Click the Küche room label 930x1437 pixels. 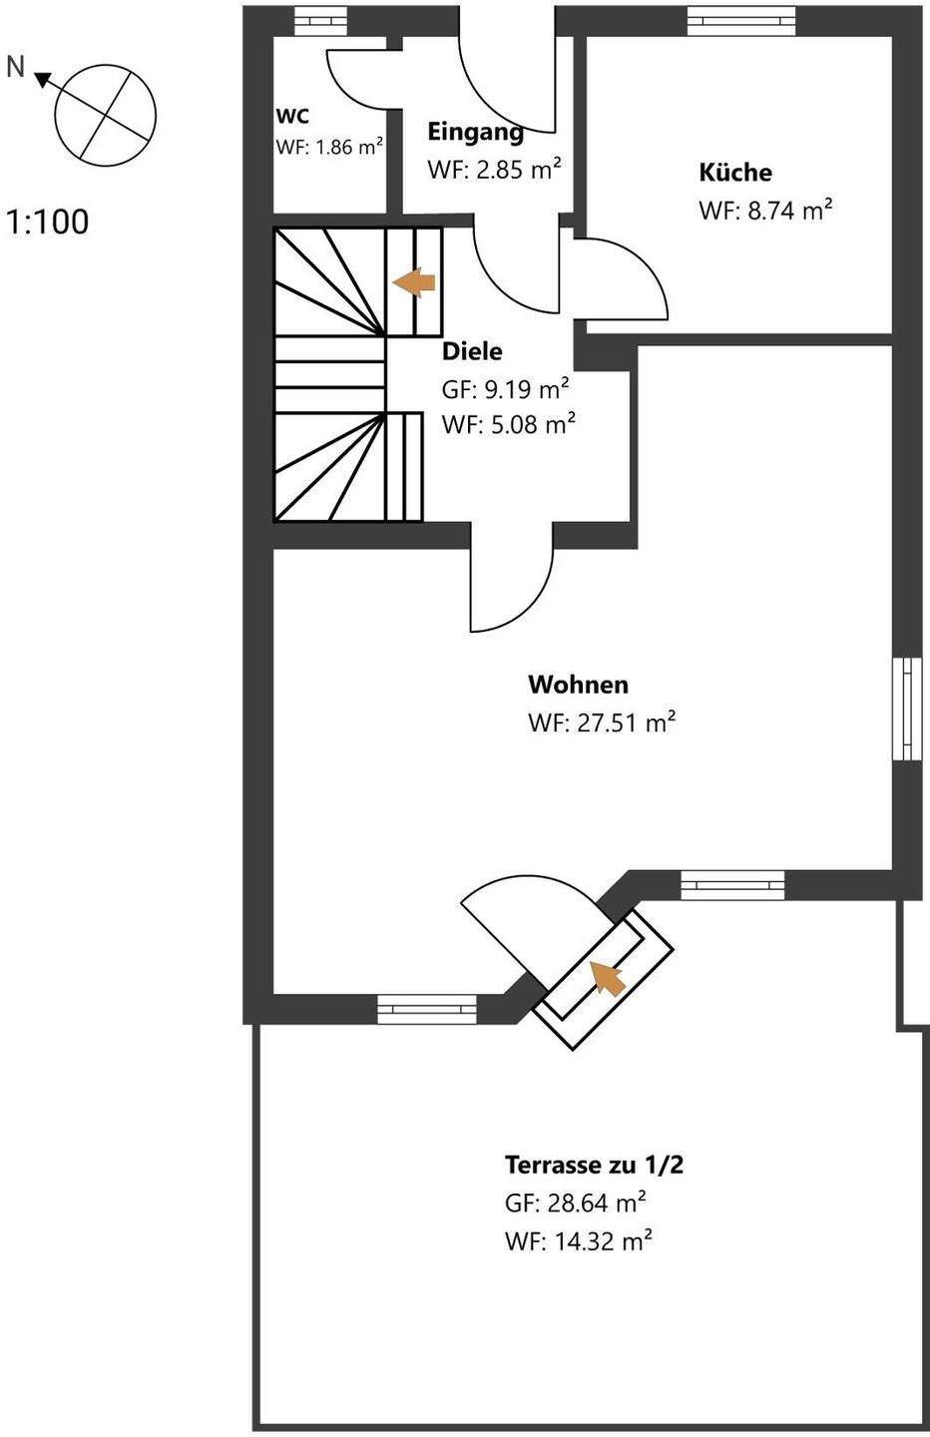pyautogui.click(x=735, y=172)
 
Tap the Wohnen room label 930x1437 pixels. pyautogui.click(x=579, y=685)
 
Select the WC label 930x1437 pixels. pyautogui.click(x=292, y=116)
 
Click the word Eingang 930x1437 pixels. pyautogui.click(x=475, y=132)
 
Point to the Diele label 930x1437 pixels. pyautogui.click(x=472, y=351)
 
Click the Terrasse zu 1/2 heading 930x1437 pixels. pyautogui.click(x=594, y=1165)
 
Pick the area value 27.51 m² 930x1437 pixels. pyautogui.click(x=627, y=722)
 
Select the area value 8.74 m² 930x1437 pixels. pyautogui.click(x=790, y=211)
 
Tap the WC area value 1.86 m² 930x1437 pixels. pyautogui.click(x=350, y=147)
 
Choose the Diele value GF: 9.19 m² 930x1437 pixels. pyautogui.click(x=505, y=389)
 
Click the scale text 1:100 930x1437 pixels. pyautogui.click(x=48, y=223)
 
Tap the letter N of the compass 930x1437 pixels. pyautogui.click(x=15, y=67)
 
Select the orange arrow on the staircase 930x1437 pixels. pyautogui.click(x=414, y=282)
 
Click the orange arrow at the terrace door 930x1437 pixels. pyautogui.click(x=607, y=978)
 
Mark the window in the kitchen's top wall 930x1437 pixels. pyautogui.click(x=742, y=22)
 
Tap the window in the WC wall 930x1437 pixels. pyautogui.click(x=321, y=22)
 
